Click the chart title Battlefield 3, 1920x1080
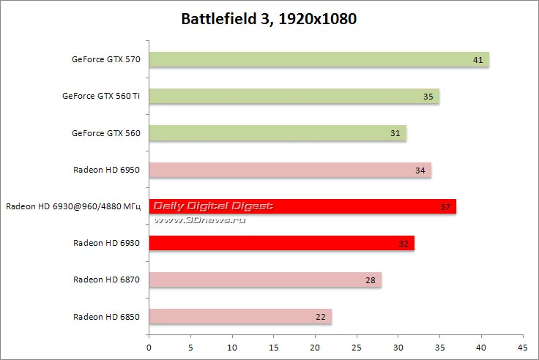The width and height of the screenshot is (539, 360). click(269, 19)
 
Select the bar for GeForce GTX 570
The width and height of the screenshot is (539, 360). click(319, 60)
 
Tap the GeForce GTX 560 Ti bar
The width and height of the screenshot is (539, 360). click(294, 97)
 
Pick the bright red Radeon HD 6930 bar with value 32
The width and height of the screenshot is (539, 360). click(282, 243)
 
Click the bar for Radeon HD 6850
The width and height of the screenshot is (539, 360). click(240, 316)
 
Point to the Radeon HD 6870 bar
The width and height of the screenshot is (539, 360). click(265, 280)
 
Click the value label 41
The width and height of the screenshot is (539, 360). click(477, 60)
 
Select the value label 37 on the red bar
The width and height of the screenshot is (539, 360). click(445, 207)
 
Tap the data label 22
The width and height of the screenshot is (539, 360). click(320, 317)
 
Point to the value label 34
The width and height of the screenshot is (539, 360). click(420, 170)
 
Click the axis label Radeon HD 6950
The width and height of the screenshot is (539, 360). click(107, 170)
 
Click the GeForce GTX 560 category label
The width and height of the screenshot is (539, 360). click(105, 133)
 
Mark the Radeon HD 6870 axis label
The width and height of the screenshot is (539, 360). click(107, 280)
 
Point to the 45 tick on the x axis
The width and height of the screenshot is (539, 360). click(521, 347)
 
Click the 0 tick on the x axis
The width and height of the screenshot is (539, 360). click(149, 347)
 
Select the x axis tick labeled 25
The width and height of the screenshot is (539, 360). click(357, 347)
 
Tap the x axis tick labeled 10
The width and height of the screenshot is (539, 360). click(232, 347)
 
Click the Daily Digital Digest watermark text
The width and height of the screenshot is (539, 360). click(213, 206)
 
